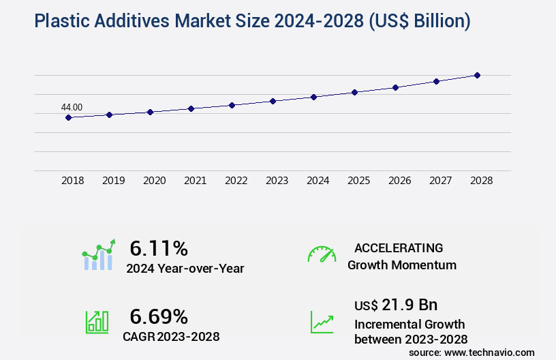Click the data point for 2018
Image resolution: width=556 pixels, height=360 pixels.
coord(68,117)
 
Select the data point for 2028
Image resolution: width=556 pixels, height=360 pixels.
coord(477,75)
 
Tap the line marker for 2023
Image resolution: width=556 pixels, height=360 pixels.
coord(273,101)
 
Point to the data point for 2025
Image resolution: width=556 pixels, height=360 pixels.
coord(354,92)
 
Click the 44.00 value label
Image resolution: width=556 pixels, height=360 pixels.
coord(72,107)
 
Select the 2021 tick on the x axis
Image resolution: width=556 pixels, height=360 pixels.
coord(195,181)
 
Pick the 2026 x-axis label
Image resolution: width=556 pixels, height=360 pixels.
coord(399,181)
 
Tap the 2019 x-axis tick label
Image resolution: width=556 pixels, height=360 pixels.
coord(113,181)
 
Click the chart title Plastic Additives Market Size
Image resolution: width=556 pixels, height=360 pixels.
coord(252,21)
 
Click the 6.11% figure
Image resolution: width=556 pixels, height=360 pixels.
coord(158,247)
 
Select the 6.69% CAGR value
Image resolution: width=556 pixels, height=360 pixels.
coord(158,316)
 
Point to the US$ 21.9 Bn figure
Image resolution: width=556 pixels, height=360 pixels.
coord(396,304)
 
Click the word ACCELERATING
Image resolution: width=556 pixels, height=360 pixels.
coord(399,247)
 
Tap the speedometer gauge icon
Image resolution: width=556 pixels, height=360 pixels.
coord(322,254)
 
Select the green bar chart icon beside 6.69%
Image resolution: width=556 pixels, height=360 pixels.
coord(97,322)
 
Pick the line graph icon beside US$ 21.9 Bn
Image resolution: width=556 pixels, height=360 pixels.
coord(322,322)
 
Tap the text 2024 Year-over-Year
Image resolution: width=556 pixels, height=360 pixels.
coord(185,269)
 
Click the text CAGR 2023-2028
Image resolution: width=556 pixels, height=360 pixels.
coord(171,336)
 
